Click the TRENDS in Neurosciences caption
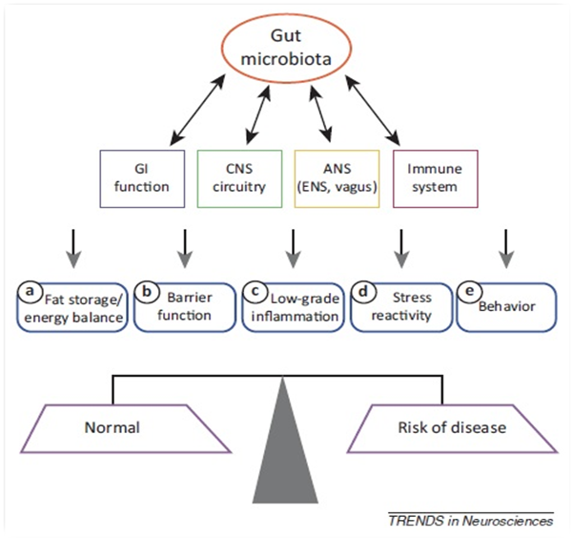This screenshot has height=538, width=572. [470, 521]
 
